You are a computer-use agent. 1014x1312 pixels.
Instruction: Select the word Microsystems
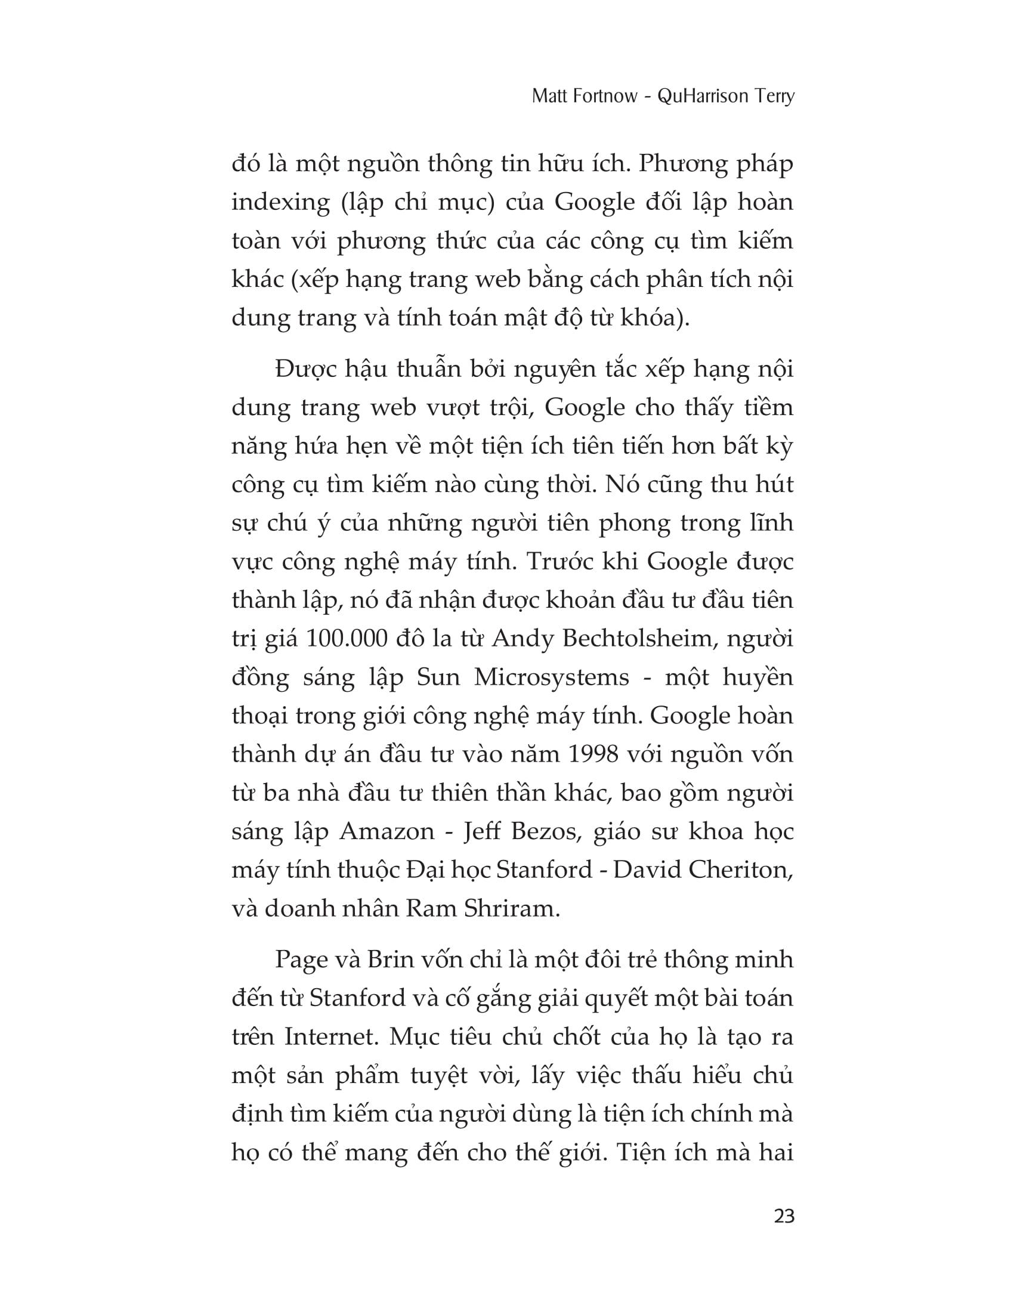click(x=552, y=677)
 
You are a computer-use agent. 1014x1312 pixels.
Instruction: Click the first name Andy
click(x=518, y=639)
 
